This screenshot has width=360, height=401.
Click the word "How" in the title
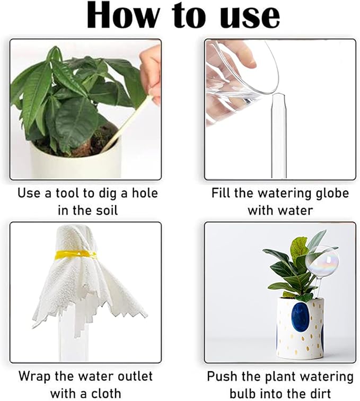pyautogui.click(x=122, y=16)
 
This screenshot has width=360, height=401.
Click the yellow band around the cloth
pyautogui.click(x=76, y=255)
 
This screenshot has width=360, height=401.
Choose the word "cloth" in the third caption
pyautogui.click(x=106, y=394)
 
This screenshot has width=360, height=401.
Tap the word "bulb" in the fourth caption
pyautogui.click(x=241, y=394)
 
